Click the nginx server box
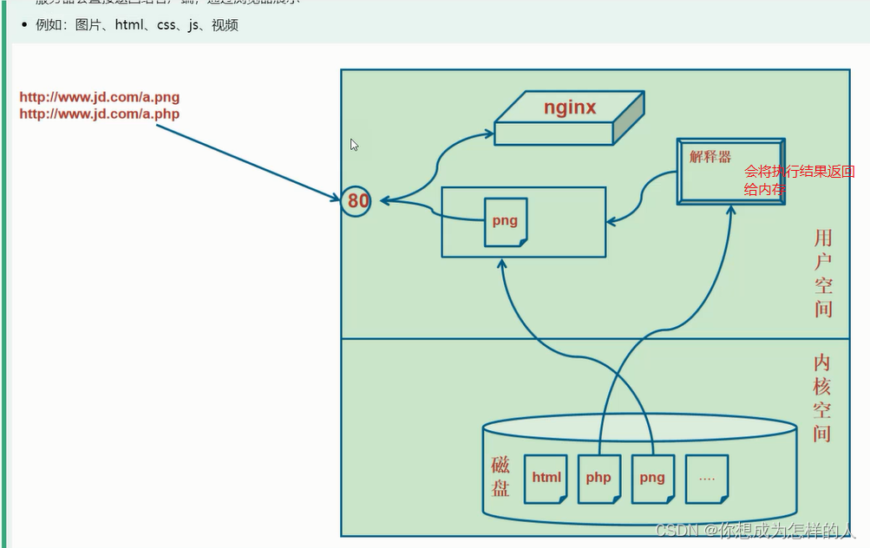click(568, 118)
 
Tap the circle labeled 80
click(357, 201)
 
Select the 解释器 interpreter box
click(731, 171)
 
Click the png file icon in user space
click(506, 221)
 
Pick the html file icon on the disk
click(546, 478)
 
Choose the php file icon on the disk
click(599, 478)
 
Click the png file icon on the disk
click(652, 478)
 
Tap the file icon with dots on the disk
click(706, 478)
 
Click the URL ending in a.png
click(100, 97)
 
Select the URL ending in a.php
click(100, 114)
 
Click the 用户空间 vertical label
click(822, 272)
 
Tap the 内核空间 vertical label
click(822, 398)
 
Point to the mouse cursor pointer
click(354, 145)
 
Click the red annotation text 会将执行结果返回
click(799, 172)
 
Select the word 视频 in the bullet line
click(225, 25)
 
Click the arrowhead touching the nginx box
click(490, 134)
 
